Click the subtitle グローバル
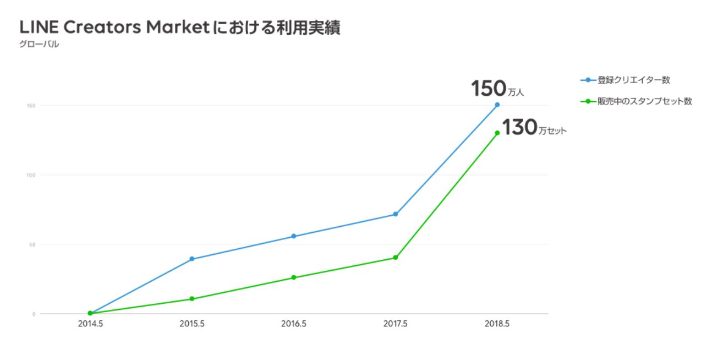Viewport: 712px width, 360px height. point(39,45)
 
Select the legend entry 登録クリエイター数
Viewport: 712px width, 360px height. point(633,80)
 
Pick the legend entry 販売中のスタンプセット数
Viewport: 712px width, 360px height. point(644,101)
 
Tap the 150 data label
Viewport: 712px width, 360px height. point(489,89)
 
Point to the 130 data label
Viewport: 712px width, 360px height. point(519,128)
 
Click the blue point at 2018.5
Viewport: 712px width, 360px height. point(497,105)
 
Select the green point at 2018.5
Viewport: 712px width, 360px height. point(497,133)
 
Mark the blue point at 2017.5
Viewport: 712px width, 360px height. point(396,214)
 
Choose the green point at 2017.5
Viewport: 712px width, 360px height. point(396,258)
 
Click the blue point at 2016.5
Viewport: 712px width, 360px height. point(294,236)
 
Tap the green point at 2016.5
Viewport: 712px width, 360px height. point(294,277)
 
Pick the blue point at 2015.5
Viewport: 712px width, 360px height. point(192,259)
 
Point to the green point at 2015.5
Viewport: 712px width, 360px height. point(192,299)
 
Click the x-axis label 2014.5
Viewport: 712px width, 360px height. point(90,324)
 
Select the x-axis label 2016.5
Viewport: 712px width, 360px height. point(294,324)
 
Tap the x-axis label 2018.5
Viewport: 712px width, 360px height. point(497,324)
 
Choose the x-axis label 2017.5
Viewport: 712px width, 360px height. point(396,324)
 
